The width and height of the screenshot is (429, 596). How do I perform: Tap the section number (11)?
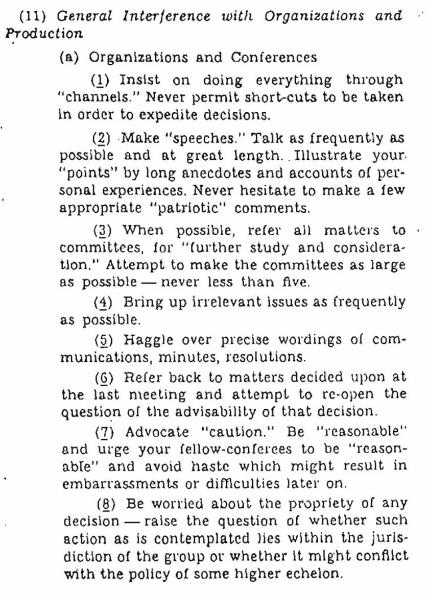coord(34,16)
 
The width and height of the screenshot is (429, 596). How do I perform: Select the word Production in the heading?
coord(44,34)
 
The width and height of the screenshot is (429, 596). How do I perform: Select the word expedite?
coord(167,114)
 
